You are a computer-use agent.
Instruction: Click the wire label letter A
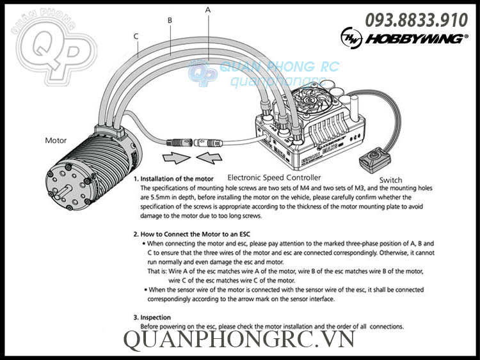point(208,10)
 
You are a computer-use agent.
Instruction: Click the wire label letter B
point(170,20)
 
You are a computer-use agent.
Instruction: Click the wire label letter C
point(136,36)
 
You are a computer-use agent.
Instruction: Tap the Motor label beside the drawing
point(56,139)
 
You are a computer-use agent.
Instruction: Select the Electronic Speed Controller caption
point(274,177)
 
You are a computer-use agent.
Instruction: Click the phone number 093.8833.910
point(416,20)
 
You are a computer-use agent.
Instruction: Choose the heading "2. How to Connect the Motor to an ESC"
point(198,235)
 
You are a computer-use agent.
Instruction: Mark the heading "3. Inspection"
point(153,317)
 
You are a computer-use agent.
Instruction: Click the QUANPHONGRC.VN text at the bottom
point(239,340)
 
